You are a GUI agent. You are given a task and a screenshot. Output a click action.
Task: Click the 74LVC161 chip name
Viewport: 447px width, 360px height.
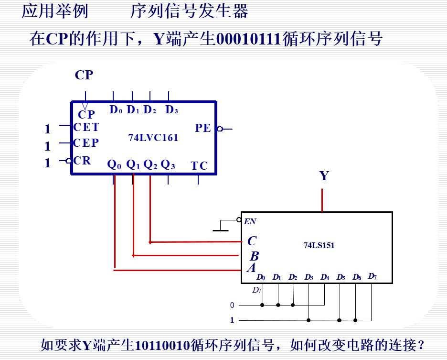(x=153, y=138)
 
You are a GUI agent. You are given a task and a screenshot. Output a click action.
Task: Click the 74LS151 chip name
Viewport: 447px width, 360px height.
(x=319, y=246)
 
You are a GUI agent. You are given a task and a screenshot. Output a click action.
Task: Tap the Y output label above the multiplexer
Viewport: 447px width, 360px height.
(x=324, y=176)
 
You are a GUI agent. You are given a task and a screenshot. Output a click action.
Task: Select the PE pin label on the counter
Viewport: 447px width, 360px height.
(x=202, y=128)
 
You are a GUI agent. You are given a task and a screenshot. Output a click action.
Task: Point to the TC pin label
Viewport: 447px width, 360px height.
(x=199, y=166)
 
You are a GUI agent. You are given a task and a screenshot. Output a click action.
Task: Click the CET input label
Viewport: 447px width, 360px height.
(x=86, y=127)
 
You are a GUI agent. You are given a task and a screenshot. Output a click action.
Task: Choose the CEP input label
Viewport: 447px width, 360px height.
(x=86, y=143)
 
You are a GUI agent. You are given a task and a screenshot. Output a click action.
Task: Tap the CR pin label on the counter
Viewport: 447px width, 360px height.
(x=82, y=161)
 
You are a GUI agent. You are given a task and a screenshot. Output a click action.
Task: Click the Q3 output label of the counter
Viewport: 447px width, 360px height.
(x=168, y=165)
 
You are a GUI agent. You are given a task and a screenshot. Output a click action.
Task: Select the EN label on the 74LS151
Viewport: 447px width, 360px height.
(x=250, y=221)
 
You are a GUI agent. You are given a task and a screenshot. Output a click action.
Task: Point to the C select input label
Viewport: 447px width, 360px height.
(x=252, y=241)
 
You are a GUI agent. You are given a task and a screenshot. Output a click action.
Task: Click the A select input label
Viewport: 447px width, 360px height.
(x=251, y=268)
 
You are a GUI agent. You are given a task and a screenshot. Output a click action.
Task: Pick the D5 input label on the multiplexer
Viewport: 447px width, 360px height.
(x=341, y=277)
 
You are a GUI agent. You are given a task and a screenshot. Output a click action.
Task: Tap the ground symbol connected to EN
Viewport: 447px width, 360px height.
(x=220, y=229)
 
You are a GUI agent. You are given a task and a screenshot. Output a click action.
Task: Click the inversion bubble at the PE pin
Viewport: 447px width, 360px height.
(x=219, y=129)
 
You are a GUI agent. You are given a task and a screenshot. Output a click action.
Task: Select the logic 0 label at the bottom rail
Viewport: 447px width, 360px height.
(x=232, y=305)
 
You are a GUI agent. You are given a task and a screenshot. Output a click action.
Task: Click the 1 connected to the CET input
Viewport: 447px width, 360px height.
(x=47, y=129)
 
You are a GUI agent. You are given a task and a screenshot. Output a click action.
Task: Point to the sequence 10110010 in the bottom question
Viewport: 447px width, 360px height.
(x=162, y=344)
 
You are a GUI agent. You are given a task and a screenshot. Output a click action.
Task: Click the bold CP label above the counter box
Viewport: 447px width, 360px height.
(x=84, y=75)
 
